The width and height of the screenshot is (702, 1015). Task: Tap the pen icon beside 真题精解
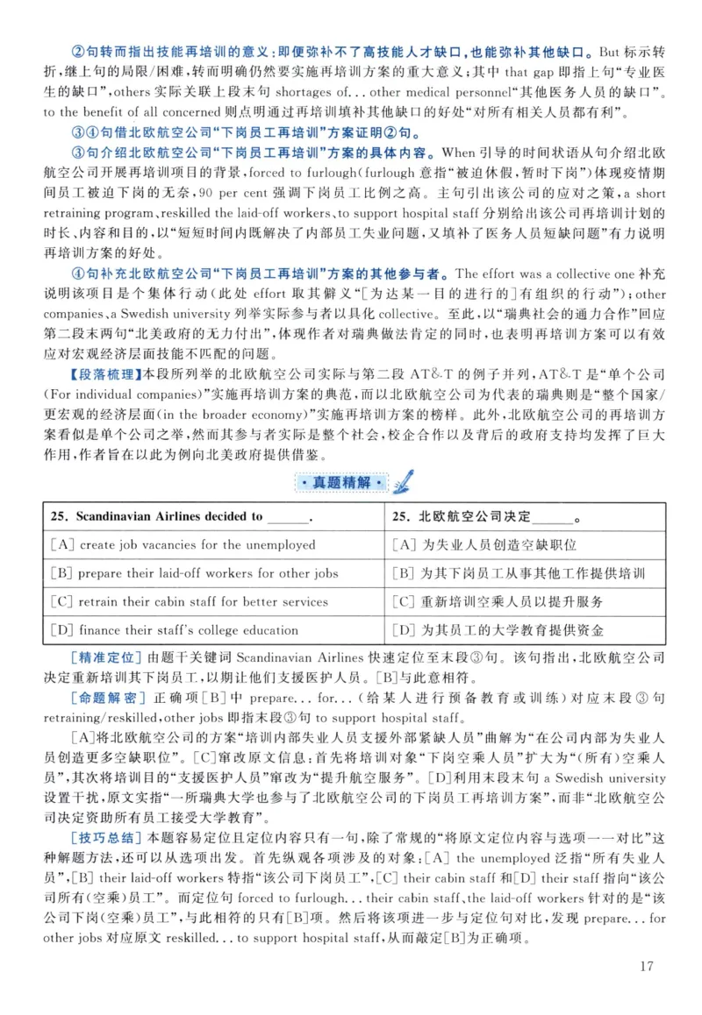click(404, 480)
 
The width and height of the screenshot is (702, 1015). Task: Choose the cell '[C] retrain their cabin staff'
click(190, 601)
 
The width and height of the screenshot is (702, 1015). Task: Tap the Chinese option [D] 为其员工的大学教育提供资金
click(498, 629)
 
